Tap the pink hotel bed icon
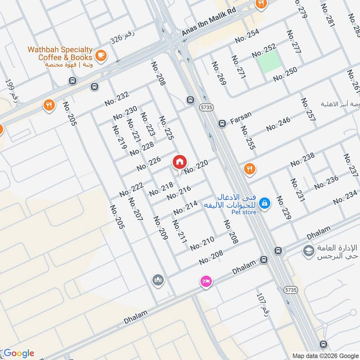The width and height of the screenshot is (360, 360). click(x=206, y=281)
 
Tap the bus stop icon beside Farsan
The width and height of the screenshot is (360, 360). click(x=222, y=123)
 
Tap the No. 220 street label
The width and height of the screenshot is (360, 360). click(x=197, y=167)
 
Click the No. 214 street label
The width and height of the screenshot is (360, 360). click(x=185, y=208)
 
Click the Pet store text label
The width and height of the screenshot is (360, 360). click(x=244, y=212)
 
